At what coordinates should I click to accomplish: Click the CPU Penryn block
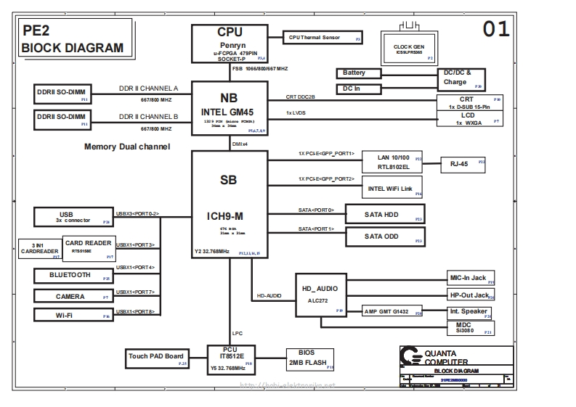[230, 44]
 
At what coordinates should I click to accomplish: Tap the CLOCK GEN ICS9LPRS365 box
[409, 47]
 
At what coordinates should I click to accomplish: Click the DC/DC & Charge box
[461, 78]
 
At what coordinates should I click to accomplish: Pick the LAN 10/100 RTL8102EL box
[393, 163]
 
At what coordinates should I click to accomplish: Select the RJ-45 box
[463, 164]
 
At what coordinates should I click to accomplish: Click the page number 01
[497, 29]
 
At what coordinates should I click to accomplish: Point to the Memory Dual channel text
[127, 147]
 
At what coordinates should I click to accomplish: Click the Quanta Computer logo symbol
[411, 356]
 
